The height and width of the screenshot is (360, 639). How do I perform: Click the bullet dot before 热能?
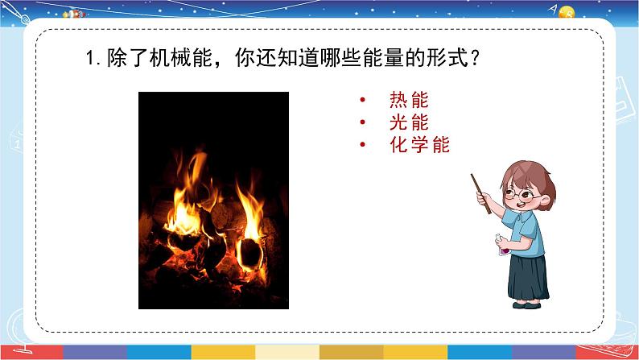364,101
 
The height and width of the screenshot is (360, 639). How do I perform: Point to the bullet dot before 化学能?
364,146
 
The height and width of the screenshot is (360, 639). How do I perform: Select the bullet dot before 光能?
364,123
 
